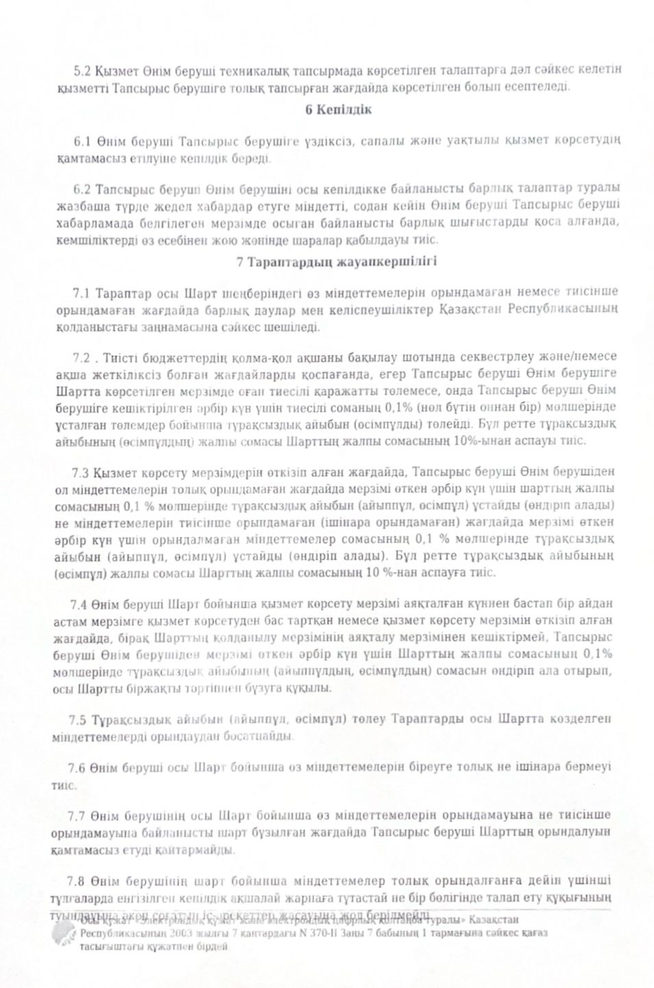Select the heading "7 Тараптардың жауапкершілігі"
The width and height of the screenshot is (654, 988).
[x=337, y=262]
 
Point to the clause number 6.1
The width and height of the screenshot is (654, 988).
[x=82, y=141]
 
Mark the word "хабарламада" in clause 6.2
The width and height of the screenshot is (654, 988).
[x=89, y=223]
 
